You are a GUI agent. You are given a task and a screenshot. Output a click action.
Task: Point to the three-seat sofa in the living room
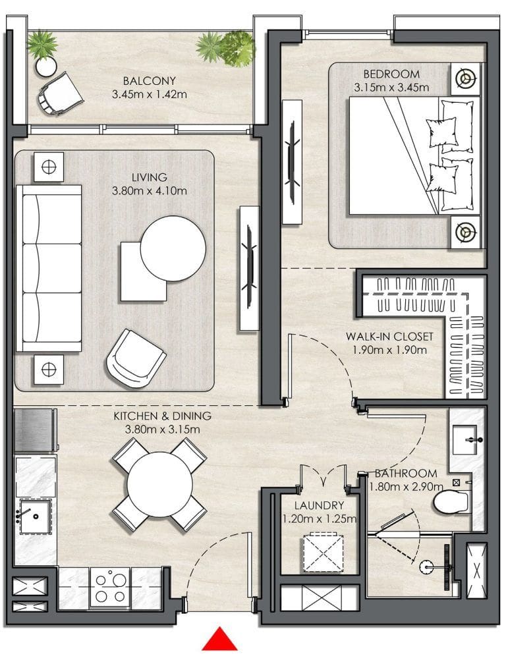[x=49, y=268]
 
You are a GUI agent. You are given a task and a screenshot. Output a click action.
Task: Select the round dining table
[x=159, y=485]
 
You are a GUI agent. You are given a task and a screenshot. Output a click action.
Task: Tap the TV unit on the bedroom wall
[x=292, y=162]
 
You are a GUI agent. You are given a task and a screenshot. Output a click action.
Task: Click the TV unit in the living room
[x=250, y=267]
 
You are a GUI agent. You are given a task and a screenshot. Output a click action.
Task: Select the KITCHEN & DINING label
[x=162, y=416]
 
